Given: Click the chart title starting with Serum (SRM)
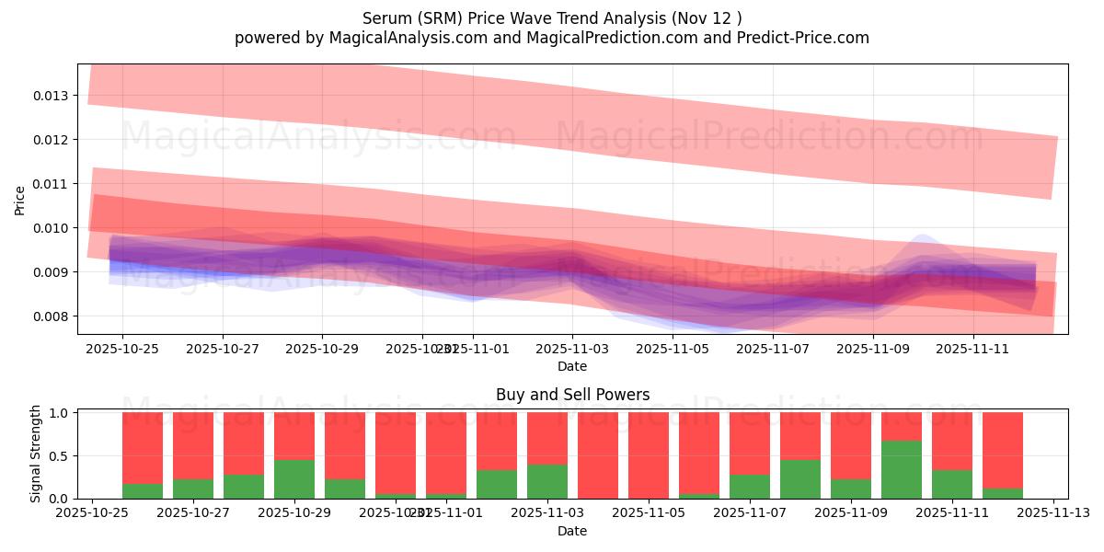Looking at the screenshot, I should pyautogui.click(x=552, y=17).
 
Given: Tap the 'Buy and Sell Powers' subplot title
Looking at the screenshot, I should pyautogui.click(x=572, y=395).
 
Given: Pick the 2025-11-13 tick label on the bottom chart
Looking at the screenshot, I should pyautogui.click(x=1053, y=513).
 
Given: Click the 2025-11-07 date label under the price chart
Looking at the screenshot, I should pyautogui.click(x=772, y=350).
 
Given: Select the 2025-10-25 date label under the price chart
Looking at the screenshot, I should pyautogui.click(x=122, y=350).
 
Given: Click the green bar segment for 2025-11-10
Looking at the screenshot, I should pyautogui.click(x=902, y=469).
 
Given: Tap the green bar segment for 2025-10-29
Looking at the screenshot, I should pyautogui.click(x=294, y=478).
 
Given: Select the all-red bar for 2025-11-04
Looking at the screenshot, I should pyautogui.click(x=598, y=455).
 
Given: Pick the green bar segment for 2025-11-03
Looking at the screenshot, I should pyautogui.click(x=547, y=481).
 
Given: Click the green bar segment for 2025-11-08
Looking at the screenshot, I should pyautogui.click(x=800, y=478).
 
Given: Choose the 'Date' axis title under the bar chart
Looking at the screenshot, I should pyautogui.click(x=572, y=531).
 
